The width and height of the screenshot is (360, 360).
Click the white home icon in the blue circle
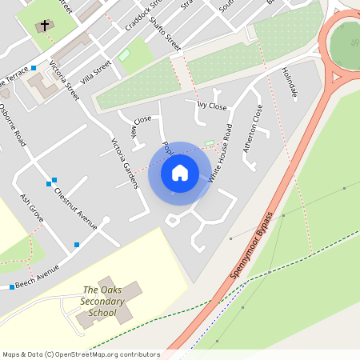point(180,172)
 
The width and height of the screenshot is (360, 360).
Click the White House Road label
point(220,154)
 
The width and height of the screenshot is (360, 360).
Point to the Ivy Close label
point(211,105)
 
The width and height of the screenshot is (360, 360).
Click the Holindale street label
point(289,83)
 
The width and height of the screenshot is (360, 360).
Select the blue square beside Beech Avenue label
point(12,286)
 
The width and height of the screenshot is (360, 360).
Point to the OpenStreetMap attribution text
point(80,354)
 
